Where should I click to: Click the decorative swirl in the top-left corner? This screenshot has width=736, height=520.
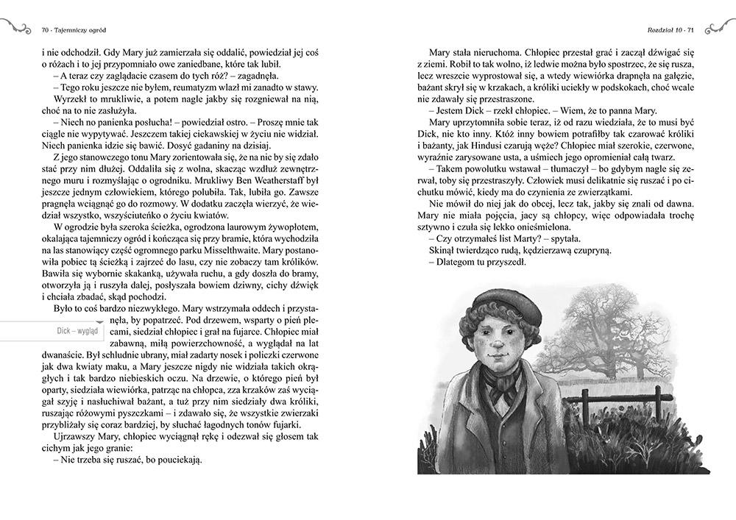point(16,29)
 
